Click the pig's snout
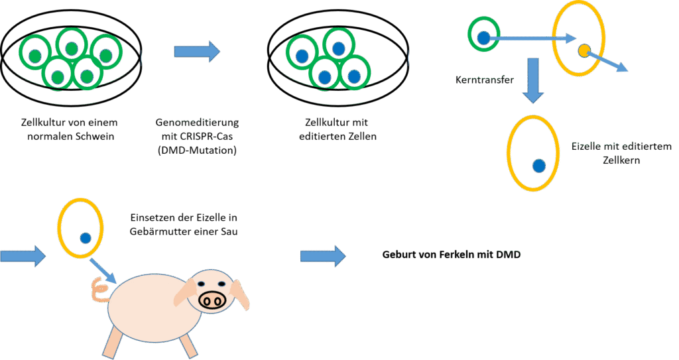coord(213,300)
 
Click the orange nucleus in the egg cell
coord(584,50)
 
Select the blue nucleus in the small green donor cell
coord(484,38)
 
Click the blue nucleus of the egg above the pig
coord(85,237)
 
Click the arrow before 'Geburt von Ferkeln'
coord(323,256)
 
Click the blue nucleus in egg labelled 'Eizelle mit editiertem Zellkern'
coord(538,164)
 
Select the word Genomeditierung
coord(197,123)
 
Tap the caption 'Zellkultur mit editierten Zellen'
coord(335,129)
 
